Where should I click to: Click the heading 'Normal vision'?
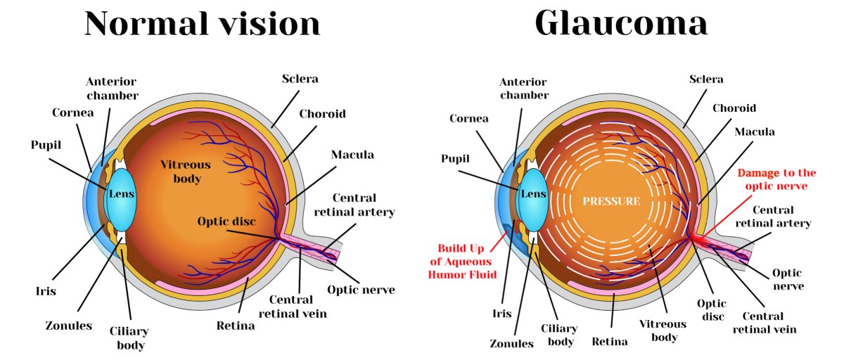[x=203, y=24]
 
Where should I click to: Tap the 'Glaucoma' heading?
[x=621, y=24]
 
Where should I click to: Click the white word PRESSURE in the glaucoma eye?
[x=611, y=201]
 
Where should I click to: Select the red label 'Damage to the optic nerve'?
[x=776, y=179]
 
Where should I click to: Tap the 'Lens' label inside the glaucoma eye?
[x=532, y=194]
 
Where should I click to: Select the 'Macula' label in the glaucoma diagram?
[x=755, y=132]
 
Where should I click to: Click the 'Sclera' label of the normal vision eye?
[x=300, y=79]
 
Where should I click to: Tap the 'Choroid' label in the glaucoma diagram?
[x=734, y=108]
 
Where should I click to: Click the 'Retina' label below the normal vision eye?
[x=238, y=326]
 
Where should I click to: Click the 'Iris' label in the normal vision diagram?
[x=46, y=290]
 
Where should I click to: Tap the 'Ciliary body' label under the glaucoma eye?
[x=561, y=335]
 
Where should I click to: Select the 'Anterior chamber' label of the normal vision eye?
[x=113, y=89]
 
